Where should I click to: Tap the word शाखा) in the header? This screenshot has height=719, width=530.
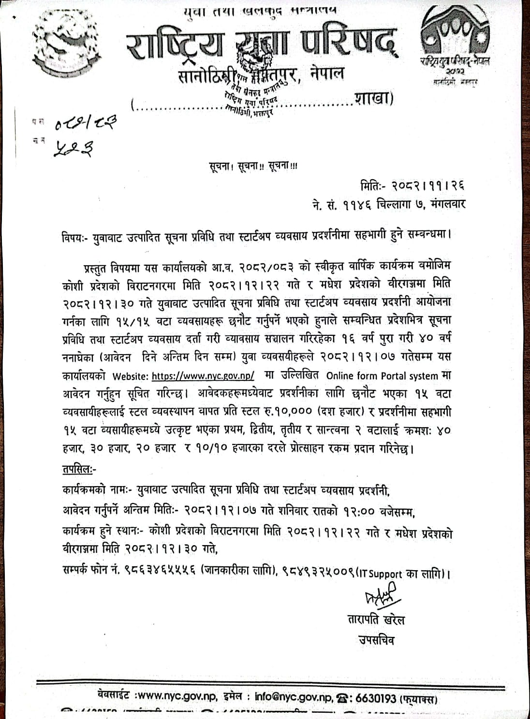click(x=375, y=99)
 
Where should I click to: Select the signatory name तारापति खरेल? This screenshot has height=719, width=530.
click(x=376, y=619)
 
